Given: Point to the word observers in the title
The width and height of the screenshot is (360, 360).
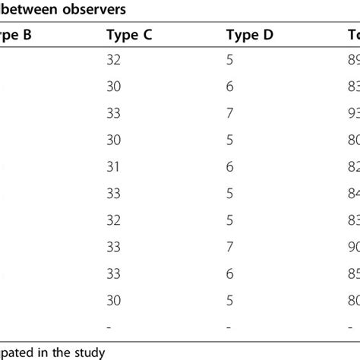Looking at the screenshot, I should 96,10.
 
